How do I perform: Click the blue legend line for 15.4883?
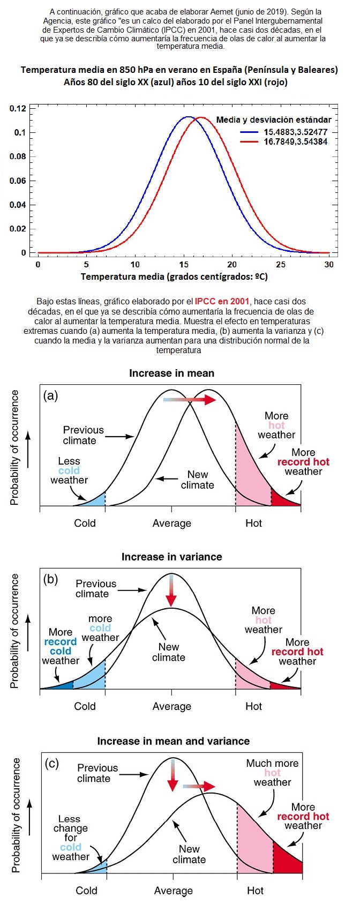[x=250, y=132]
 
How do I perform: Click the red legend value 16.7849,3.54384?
[x=296, y=142]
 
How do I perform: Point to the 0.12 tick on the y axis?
[x=18, y=108]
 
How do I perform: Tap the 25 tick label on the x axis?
[x=281, y=264]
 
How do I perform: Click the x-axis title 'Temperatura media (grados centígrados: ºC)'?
[x=174, y=277]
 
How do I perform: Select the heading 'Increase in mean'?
[x=171, y=373]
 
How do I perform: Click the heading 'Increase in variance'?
[x=171, y=557]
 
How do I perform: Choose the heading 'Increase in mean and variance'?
[x=173, y=741]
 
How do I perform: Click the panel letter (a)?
[x=51, y=395]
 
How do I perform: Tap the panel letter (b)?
[x=51, y=579]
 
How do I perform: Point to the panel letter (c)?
[x=51, y=763]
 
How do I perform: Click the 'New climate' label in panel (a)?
[x=197, y=480]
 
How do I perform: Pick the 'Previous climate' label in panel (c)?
[x=97, y=773]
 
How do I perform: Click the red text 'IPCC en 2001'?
[x=222, y=301]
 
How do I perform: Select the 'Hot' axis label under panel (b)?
[x=253, y=706]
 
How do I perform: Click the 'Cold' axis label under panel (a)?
[x=85, y=523]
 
